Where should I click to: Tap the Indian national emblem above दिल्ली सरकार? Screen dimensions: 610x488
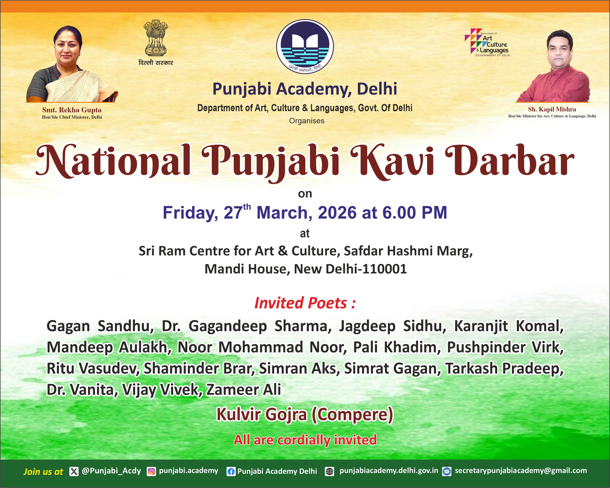[x=156, y=38]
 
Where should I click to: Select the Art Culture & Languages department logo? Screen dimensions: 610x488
[x=487, y=42]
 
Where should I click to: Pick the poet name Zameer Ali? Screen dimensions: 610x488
[x=243, y=390]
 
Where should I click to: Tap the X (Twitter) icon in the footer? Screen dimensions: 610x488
[x=74, y=471]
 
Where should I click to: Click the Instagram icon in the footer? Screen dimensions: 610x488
[x=151, y=471]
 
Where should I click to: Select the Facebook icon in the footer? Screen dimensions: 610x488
[x=231, y=472]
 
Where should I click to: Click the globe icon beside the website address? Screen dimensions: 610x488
[x=329, y=471]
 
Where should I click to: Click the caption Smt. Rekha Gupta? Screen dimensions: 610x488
[x=72, y=110]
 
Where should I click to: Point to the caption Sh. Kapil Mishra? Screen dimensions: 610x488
[x=552, y=109]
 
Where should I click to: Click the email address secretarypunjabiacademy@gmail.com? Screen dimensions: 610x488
[x=521, y=471]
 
